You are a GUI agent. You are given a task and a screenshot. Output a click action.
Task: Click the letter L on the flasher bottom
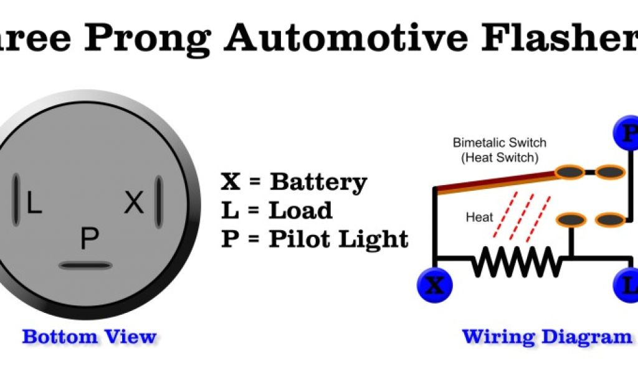(34, 203)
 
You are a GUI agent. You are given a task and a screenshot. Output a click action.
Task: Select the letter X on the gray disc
(134, 203)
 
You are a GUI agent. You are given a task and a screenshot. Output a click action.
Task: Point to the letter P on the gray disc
(90, 239)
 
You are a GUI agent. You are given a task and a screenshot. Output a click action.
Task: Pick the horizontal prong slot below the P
(85, 266)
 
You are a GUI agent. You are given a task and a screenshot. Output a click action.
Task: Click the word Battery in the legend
(318, 182)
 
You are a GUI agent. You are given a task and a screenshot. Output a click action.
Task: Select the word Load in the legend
(300, 210)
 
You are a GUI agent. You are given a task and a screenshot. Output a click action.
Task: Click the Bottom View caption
(89, 337)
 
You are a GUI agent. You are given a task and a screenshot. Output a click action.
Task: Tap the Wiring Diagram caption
(546, 337)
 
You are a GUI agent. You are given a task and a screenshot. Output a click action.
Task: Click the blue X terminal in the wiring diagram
(435, 285)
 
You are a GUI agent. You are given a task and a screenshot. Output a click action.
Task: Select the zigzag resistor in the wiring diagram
(517, 261)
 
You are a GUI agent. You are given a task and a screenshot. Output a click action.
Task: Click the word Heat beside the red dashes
(479, 218)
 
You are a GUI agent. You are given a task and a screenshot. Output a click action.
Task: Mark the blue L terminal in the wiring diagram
(629, 285)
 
